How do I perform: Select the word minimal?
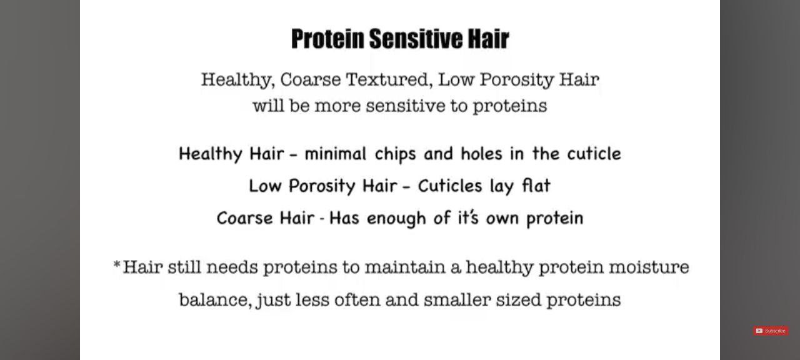pos(336,154)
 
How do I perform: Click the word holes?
pos(481,154)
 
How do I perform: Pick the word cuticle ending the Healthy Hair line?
pos(594,154)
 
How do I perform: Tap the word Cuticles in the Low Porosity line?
pos(450,186)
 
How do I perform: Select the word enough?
pos(396,219)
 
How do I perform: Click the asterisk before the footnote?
pos(116,265)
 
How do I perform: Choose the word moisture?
pos(649,267)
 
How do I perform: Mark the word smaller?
pos(457,299)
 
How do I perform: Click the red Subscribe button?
pos(771,331)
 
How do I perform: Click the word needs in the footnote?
pos(232,267)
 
